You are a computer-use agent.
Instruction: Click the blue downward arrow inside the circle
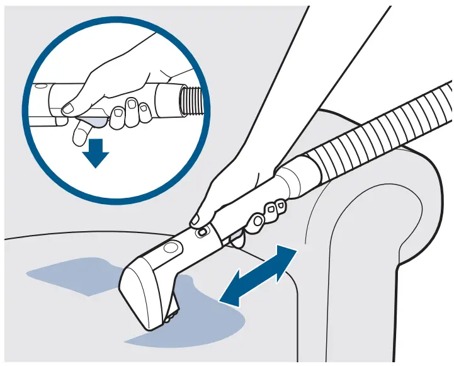(x=96, y=152)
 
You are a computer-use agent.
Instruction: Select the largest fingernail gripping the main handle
(x=258, y=220)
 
